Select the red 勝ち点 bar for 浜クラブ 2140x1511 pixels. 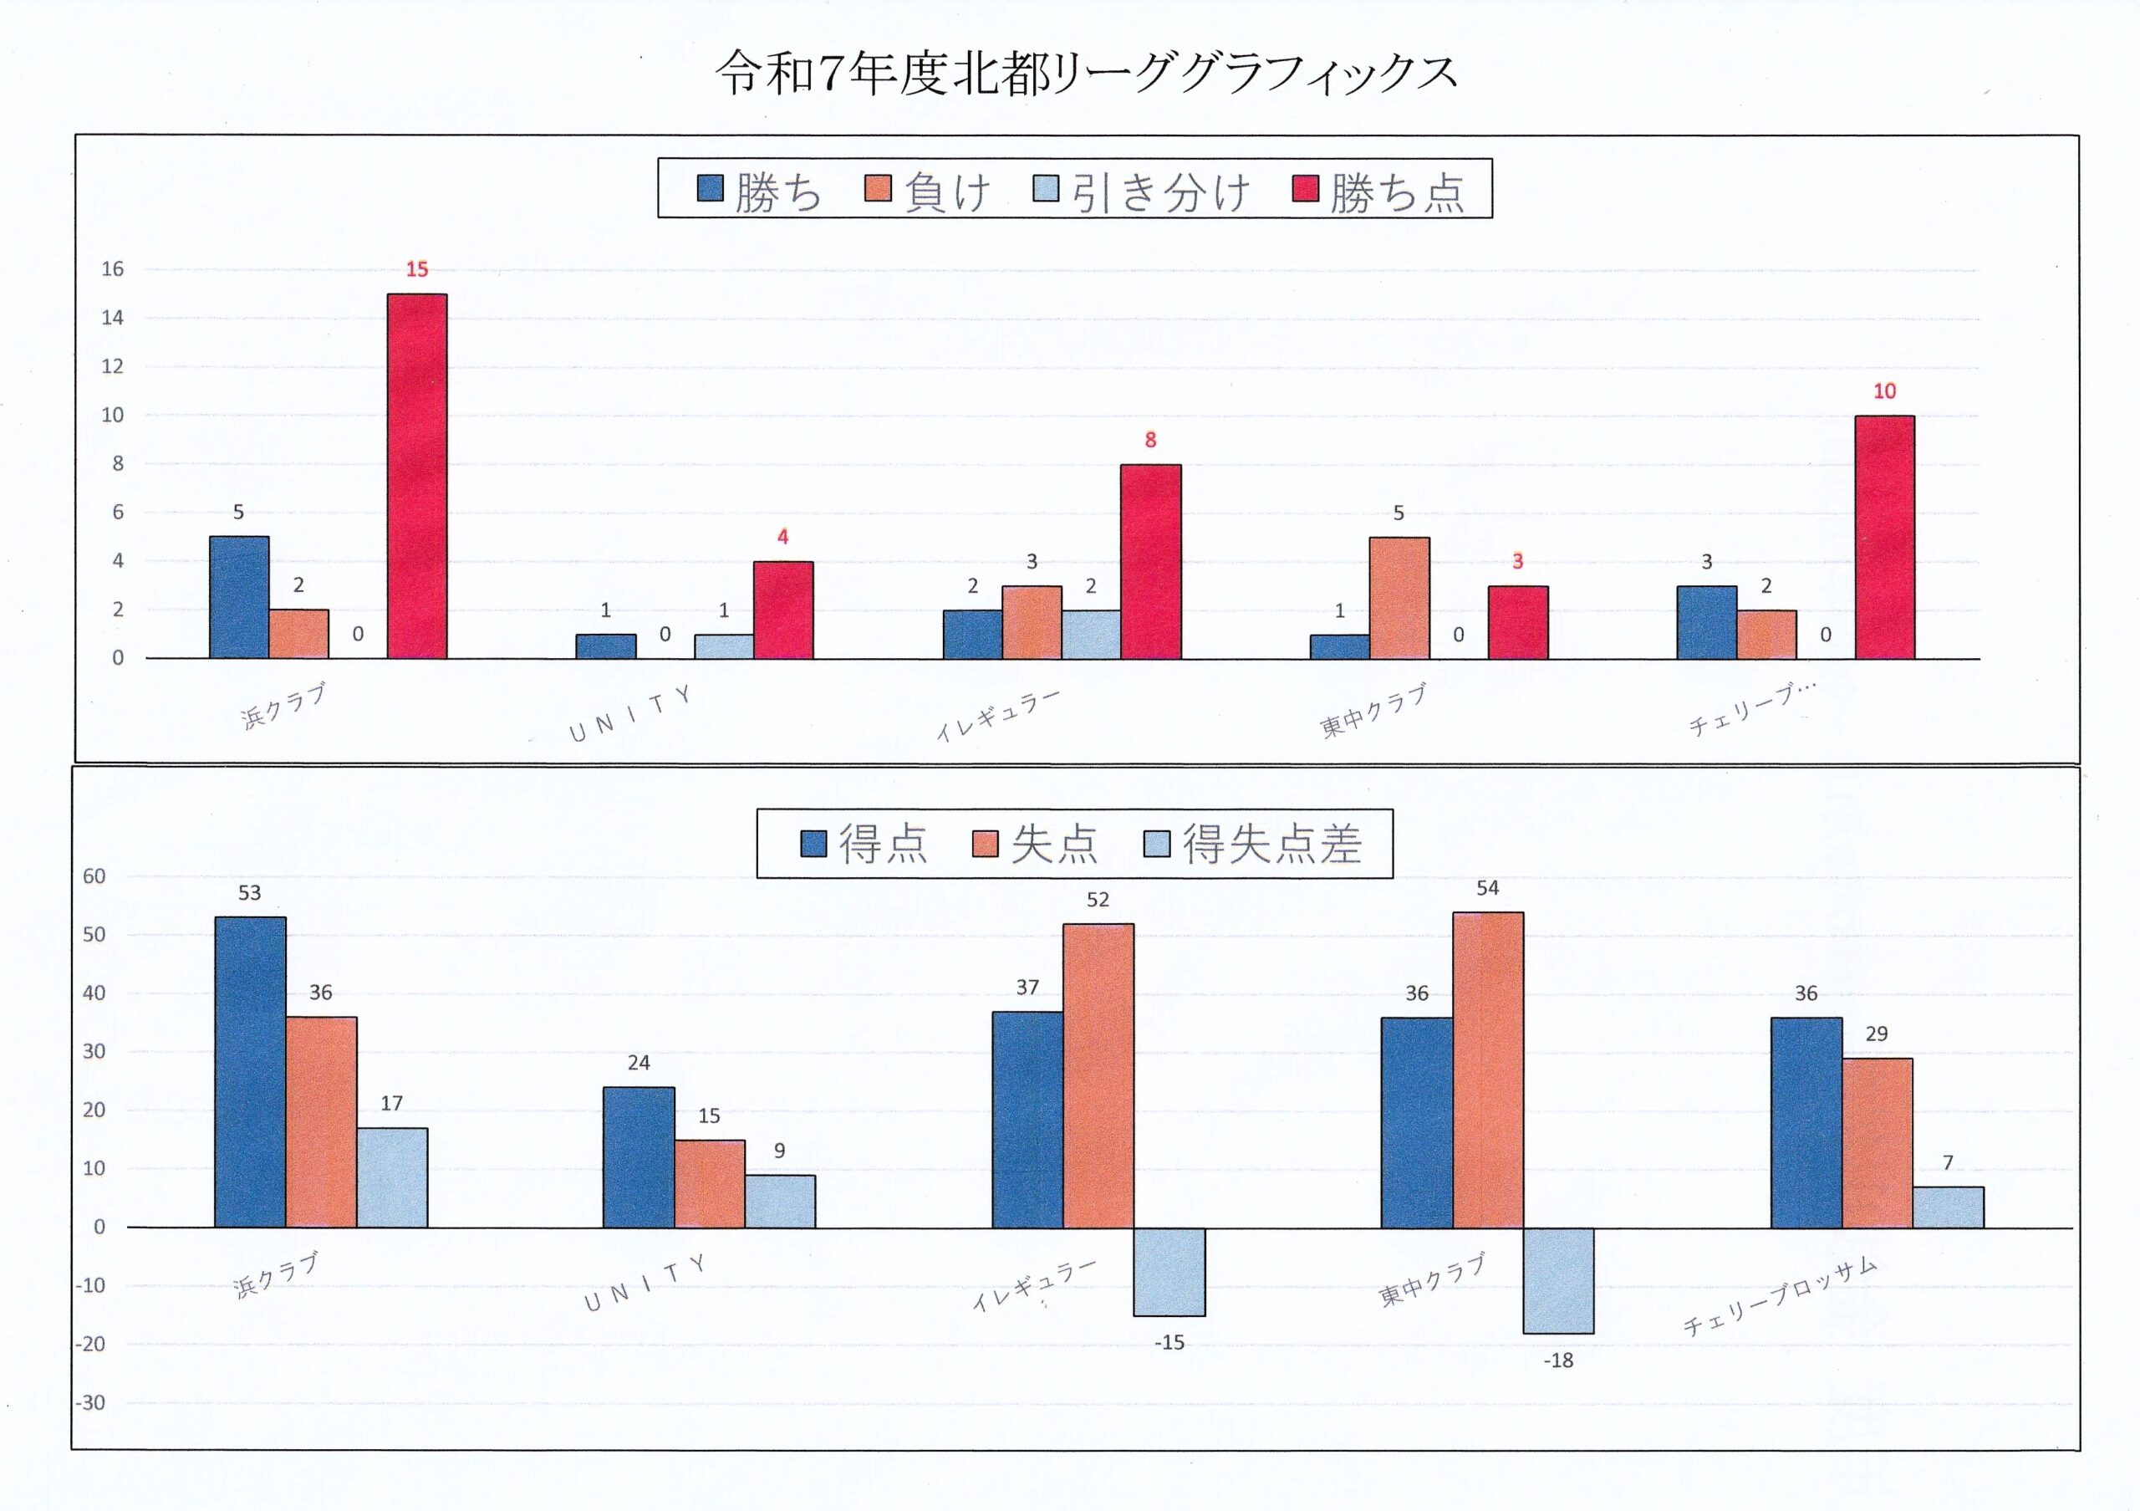(416, 477)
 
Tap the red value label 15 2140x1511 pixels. (416, 269)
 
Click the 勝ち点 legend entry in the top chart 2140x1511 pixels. (1378, 191)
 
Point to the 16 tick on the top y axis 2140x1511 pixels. (113, 269)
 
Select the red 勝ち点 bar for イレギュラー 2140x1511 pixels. (1150, 561)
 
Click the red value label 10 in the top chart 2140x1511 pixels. (1883, 391)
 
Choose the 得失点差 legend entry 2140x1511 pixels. (1253, 845)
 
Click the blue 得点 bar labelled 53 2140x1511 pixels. (250, 1072)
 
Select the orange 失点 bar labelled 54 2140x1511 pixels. (1488, 1069)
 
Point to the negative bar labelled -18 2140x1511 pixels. (1558, 1280)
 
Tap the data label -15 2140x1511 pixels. (1169, 1342)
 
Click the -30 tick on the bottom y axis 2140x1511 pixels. (90, 1403)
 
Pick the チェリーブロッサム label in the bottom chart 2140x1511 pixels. (1780, 1297)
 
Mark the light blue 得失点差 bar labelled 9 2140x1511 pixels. (779, 1201)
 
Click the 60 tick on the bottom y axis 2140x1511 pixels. (94, 876)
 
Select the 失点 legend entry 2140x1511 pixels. (1037, 845)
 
